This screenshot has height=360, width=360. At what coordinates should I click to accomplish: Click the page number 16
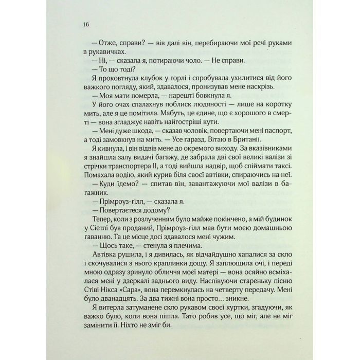85,25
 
